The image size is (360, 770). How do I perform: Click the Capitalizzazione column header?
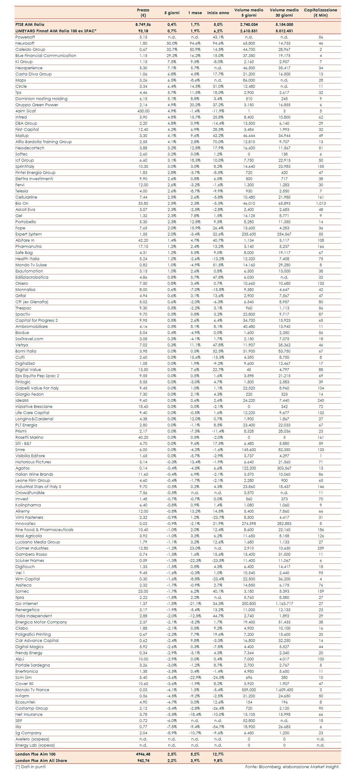[x=320, y=12]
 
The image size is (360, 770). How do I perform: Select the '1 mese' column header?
[x=195, y=13]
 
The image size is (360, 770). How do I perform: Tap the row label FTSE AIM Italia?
[x=30, y=24]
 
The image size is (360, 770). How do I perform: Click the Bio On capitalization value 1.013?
[x=321, y=204]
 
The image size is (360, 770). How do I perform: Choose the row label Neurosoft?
[x=25, y=43]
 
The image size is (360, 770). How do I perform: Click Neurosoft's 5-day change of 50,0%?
[x=172, y=43]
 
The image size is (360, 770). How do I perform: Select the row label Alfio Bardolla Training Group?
[x=43, y=142]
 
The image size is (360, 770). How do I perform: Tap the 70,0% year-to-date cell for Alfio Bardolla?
[x=218, y=142]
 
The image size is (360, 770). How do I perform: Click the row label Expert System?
[x=29, y=234]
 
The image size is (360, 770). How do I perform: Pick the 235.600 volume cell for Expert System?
[x=249, y=234]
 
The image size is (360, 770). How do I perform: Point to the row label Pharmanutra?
[x=28, y=247]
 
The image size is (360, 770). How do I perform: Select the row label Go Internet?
[x=26, y=604]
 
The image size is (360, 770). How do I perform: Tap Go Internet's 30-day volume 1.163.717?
[x=284, y=604]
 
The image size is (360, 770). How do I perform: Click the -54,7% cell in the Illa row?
[x=218, y=727]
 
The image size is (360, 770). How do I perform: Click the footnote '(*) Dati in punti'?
[x=30, y=767]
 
